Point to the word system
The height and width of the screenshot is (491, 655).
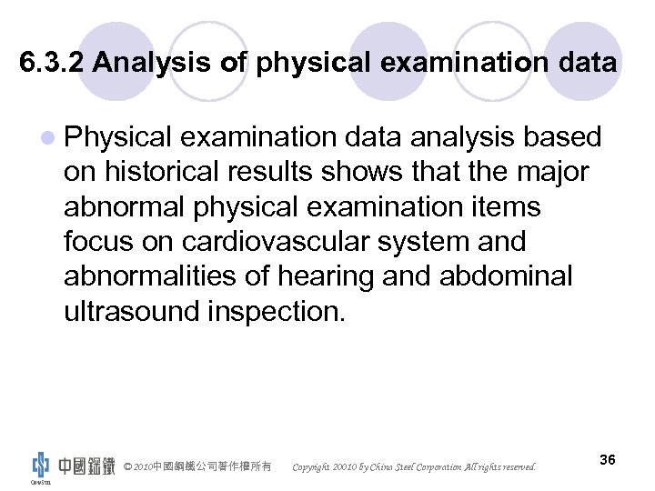(x=424, y=242)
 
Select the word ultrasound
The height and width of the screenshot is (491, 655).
(x=133, y=311)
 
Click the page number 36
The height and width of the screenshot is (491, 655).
(x=608, y=460)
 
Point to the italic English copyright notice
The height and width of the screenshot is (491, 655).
(x=414, y=467)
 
